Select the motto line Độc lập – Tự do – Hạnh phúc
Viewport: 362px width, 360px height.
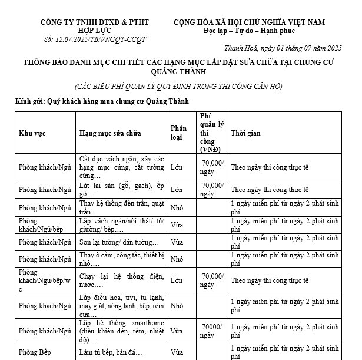pos(249,31)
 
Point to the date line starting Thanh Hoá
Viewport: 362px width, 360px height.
pos(283,48)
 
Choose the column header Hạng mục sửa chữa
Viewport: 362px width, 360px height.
pos(110,133)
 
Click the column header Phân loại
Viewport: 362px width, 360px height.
pos(178,133)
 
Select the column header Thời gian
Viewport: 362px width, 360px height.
pos(245,133)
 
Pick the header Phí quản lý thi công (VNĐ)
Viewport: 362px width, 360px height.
pos(211,133)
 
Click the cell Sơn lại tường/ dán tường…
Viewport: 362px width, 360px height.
pos(119,242)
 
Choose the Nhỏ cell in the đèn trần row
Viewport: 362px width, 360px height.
pos(177,208)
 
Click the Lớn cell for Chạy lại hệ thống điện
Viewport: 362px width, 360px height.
pos(177,280)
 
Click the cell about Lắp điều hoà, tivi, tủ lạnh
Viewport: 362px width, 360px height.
pos(122,306)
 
